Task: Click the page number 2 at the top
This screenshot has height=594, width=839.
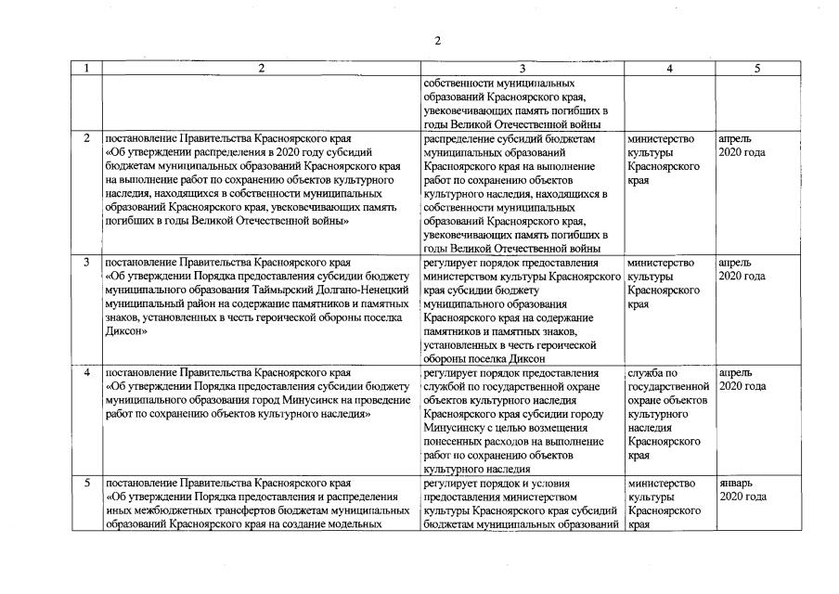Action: (x=436, y=41)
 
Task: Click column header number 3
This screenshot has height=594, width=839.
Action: (x=522, y=69)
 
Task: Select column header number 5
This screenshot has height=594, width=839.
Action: (x=756, y=69)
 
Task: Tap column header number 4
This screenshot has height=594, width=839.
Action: (x=668, y=69)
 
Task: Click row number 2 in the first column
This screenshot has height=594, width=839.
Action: (x=86, y=138)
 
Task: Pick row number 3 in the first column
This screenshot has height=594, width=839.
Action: (x=86, y=263)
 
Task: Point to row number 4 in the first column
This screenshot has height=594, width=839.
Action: (x=86, y=373)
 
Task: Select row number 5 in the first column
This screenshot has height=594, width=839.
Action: (x=86, y=484)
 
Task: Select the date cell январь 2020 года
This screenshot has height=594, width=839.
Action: (x=742, y=490)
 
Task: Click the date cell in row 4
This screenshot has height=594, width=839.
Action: (x=742, y=380)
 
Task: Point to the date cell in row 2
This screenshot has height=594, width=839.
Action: (x=742, y=145)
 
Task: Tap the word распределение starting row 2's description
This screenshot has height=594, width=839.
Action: (x=458, y=138)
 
